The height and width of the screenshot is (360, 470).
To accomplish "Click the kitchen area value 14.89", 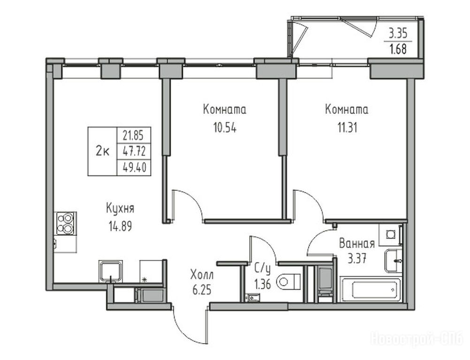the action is (120, 226).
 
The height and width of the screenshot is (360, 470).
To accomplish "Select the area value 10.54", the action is (225, 128).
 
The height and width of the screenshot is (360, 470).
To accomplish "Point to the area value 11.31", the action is (347, 128).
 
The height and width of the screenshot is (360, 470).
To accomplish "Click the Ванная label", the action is (356, 243).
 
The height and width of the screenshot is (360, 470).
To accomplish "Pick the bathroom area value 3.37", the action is (356, 258).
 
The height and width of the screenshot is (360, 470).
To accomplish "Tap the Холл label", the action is (202, 274).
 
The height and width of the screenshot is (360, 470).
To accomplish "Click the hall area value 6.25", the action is (202, 290).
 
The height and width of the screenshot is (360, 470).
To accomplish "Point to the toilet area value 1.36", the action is (263, 284).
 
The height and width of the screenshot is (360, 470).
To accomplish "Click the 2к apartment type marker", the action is (102, 151).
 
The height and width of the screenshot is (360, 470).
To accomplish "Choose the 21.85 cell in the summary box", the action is (133, 135).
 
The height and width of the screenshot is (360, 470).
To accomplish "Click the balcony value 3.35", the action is (398, 33).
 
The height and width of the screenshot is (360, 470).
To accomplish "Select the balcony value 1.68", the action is (398, 49).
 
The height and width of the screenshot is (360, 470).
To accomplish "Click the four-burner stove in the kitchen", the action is (65, 223).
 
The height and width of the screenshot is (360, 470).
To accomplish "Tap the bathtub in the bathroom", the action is (371, 289).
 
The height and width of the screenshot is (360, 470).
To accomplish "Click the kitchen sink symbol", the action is (111, 272).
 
